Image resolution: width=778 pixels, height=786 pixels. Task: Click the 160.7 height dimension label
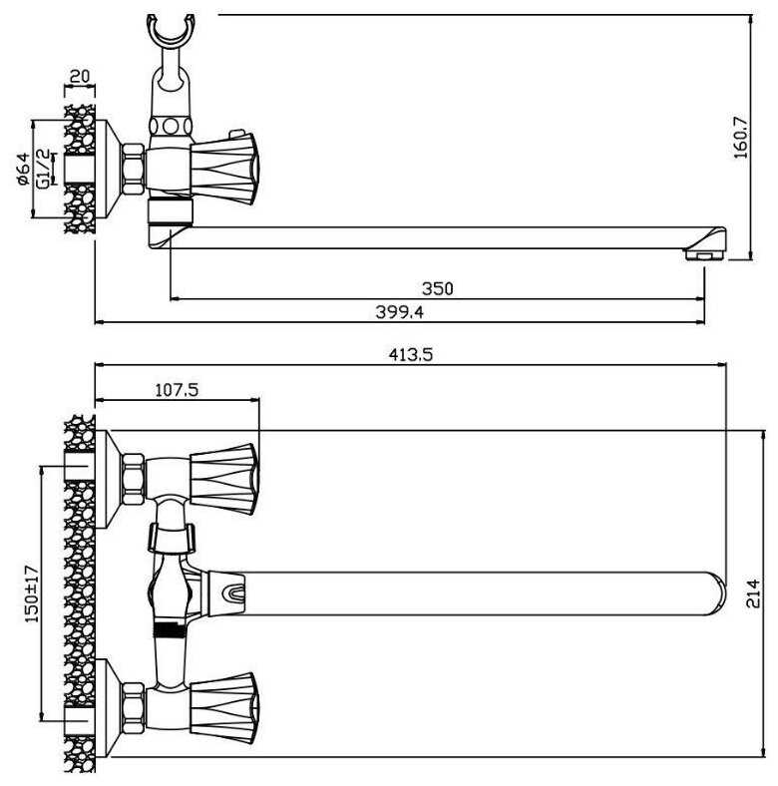(x=741, y=138)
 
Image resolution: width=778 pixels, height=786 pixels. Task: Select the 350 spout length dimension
(x=437, y=288)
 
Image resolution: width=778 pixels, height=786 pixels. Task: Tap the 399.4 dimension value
(x=400, y=312)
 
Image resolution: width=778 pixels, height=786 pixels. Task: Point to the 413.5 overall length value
(x=411, y=355)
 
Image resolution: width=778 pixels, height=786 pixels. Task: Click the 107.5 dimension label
(x=177, y=389)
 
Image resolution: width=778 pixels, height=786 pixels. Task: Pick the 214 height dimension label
(x=753, y=593)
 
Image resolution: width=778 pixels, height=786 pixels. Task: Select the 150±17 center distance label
(x=32, y=594)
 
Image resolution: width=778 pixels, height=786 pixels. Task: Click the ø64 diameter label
(x=24, y=170)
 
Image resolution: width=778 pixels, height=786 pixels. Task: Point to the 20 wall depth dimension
(x=79, y=76)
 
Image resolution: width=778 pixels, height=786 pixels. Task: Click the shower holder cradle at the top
(x=171, y=30)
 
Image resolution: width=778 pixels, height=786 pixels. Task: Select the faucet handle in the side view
(x=224, y=169)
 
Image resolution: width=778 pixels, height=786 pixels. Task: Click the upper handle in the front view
(x=224, y=479)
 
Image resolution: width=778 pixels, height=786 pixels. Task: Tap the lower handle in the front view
(x=224, y=708)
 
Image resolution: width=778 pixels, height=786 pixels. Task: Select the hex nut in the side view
(x=134, y=169)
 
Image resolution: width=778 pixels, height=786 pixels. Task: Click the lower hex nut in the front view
(x=134, y=708)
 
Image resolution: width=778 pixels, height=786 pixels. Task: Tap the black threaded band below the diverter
(x=169, y=629)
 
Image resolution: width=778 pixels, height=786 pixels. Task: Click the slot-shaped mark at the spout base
(x=234, y=594)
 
